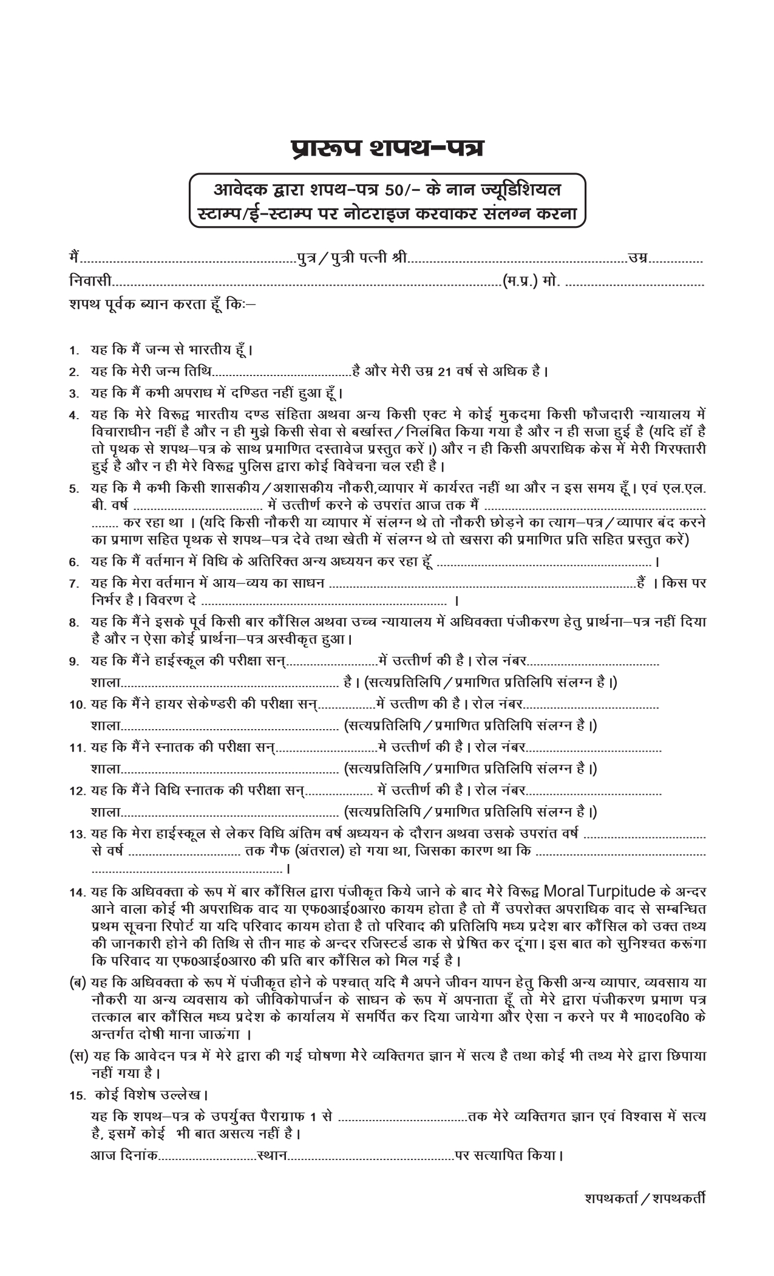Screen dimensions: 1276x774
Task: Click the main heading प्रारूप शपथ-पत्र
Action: click(387, 148)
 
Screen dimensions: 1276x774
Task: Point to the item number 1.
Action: click(73, 351)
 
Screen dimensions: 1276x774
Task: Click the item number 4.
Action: click(73, 415)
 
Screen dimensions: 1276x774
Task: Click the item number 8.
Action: click(73, 622)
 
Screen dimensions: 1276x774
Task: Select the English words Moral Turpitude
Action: click(600, 891)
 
